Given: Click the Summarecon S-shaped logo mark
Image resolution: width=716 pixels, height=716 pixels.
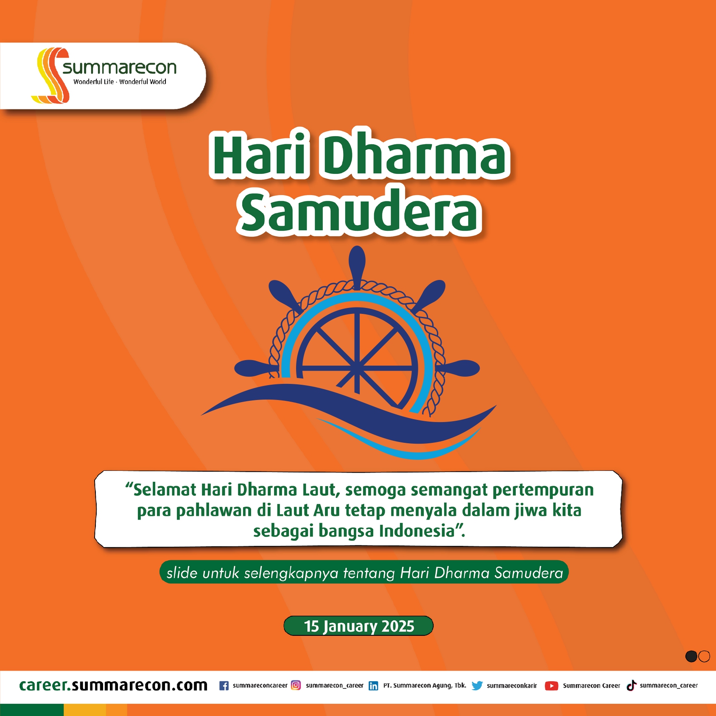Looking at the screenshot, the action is click(x=50, y=75).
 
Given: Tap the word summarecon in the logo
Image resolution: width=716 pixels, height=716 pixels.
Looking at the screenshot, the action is click(x=119, y=67).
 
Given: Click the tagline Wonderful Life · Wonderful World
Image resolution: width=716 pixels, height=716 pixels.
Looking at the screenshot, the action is click(x=120, y=82).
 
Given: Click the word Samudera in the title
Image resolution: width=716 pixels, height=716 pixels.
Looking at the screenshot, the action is click(x=360, y=211).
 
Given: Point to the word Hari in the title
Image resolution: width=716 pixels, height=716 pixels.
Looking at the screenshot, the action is click(x=259, y=154).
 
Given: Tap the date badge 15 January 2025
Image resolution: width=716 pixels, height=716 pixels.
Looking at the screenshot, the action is click(x=359, y=626).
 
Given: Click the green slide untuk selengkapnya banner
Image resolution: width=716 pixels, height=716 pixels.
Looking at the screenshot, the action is click(x=364, y=573).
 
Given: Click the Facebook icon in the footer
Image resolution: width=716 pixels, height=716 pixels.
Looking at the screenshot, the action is click(x=224, y=685).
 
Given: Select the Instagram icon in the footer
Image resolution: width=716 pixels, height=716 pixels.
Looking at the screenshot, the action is click(x=296, y=685).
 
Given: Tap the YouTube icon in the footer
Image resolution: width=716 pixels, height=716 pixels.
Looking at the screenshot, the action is click(x=551, y=685).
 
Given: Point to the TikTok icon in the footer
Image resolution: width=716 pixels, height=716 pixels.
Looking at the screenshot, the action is click(x=632, y=685).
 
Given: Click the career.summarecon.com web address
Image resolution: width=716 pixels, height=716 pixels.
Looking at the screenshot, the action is click(x=113, y=685).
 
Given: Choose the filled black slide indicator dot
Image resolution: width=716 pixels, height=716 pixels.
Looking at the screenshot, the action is click(x=691, y=656).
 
